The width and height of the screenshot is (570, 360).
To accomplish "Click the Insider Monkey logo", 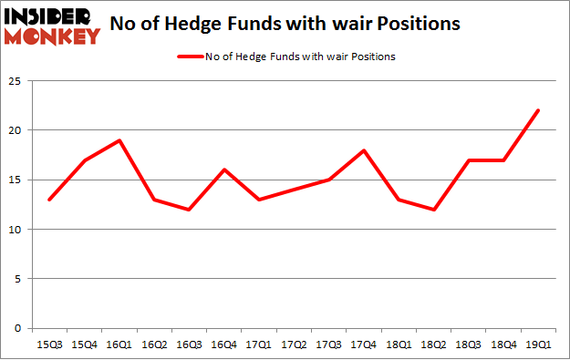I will (x=52, y=26).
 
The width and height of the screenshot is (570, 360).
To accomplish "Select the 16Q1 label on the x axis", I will (x=119, y=345).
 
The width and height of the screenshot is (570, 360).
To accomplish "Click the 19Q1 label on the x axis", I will (x=539, y=345).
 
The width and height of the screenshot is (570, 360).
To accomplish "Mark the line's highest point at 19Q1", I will (x=538, y=110).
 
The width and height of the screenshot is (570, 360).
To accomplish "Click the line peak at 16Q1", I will (x=120, y=140).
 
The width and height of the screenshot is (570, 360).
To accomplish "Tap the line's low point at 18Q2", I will (x=434, y=210).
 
